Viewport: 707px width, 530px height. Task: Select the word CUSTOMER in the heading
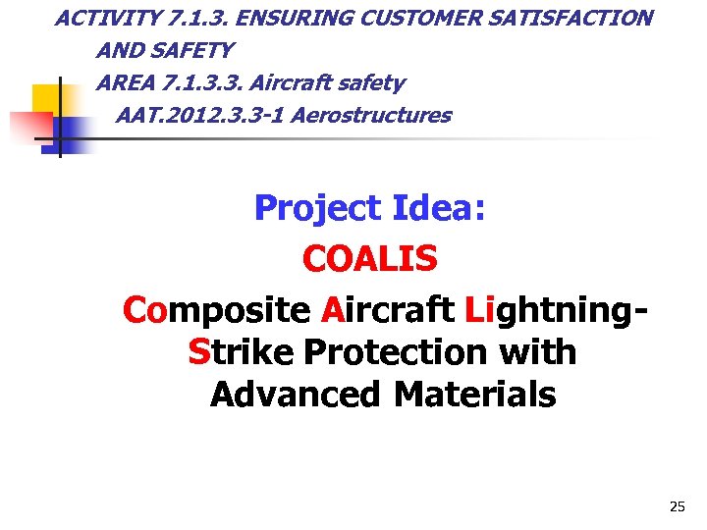pyautogui.click(x=406, y=18)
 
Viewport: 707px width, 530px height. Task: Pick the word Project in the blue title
pyautogui.click(x=317, y=208)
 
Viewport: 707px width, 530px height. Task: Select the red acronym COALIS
pyautogui.click(x=370, y=259)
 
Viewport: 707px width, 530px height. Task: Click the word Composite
pyautogui.click(x=216, y=310)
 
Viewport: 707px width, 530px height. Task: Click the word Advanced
pyautogui.click(x=297, y=395)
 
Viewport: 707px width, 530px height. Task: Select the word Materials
pyautogui.click(x=474, y=395)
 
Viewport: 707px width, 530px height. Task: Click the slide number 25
pyautogui.click(x=677, y=506)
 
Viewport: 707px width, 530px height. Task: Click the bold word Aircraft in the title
pyautogui.click(x=387, y=310)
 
